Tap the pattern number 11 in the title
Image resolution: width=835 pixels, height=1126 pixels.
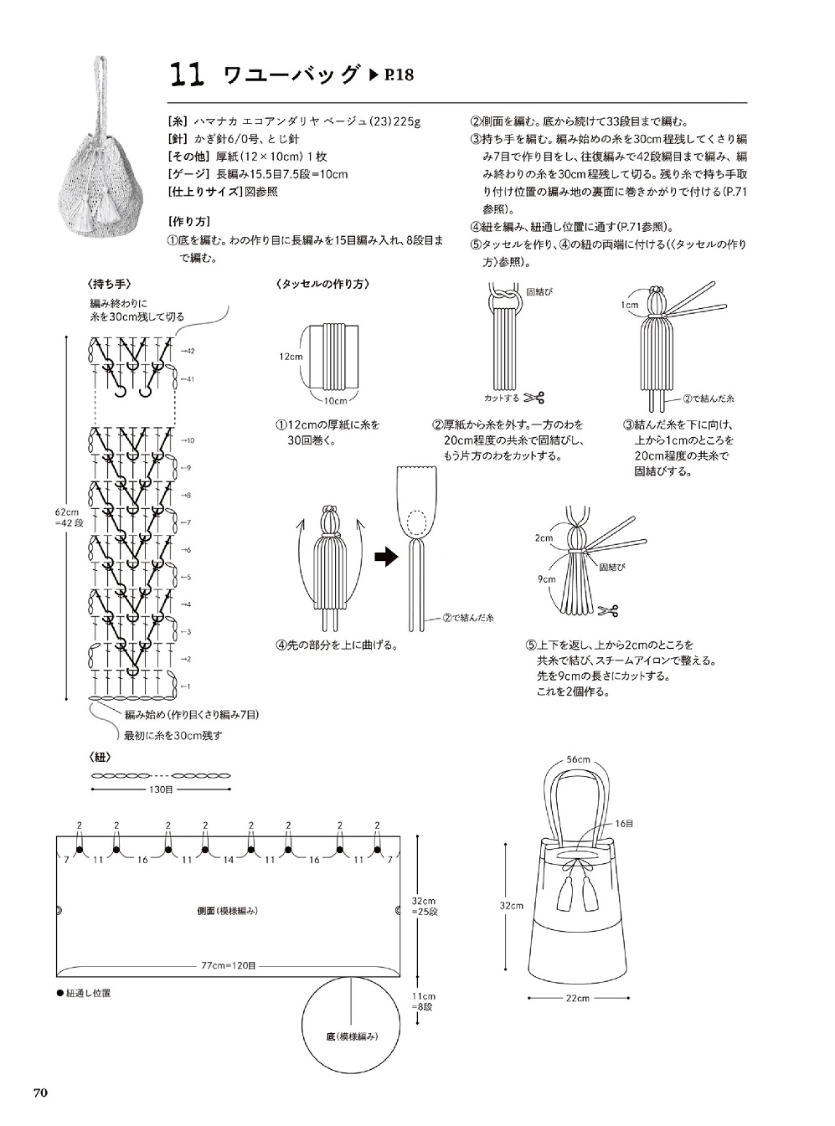click(x=187, y=75)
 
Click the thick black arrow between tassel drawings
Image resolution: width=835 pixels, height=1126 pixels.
click(x=387, y=557)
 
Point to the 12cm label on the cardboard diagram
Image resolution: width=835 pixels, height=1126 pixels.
click(x=291, y=357)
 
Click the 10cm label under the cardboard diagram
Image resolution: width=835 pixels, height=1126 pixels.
click(x=335, y=400)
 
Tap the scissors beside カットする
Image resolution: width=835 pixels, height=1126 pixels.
click(x=533, y=398)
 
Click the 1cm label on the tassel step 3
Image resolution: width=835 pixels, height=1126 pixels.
click(x=629, y=305)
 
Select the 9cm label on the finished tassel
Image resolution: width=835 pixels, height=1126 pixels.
click(x=547, y=578)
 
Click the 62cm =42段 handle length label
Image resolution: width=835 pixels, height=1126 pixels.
click(x=69, y=517)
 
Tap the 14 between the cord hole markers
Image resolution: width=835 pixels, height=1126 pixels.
click(x=228, y=860)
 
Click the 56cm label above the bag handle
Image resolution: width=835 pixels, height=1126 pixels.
click(x=578, y=759)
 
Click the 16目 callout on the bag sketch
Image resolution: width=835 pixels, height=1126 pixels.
click(x=624, y=824)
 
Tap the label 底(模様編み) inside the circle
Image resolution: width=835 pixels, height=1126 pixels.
click(x=352, y=1037)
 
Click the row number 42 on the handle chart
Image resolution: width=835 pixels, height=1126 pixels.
click(x=190, y=351)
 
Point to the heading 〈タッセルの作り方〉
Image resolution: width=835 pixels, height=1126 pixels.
click(x=323, y=285)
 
